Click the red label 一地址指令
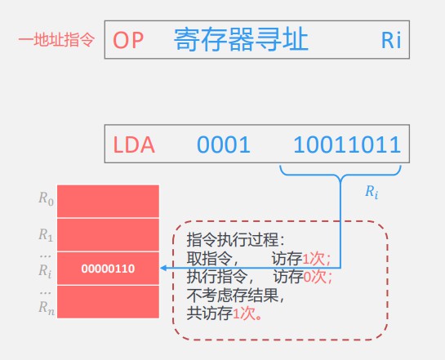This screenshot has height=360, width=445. pos(56,39)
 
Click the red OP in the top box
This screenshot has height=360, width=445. pos(128,40)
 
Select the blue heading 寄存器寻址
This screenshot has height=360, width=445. pos(241,39)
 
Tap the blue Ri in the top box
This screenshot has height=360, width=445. pos(391,40)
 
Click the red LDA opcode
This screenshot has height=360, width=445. pos(134,144)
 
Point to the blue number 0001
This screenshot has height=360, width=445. pos(224,144)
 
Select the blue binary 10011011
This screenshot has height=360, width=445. pos(347,144)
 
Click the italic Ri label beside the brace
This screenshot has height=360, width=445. pos(372,192)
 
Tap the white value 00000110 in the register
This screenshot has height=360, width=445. pos(108,269)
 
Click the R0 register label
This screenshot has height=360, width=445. pos(46,198)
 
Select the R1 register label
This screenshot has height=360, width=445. pos(46,235)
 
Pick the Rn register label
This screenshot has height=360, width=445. pos(47,308)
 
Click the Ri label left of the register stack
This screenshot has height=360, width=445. pos(45,271)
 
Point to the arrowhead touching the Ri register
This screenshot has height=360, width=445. pos(163,268)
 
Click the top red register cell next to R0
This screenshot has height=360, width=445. pos(108,201)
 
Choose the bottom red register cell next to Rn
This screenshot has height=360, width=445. pos(108,302)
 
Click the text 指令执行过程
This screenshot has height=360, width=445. pos(233,240)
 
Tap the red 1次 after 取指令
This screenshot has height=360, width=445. pos(314,259)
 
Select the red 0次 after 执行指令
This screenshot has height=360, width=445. pos(314,277)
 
